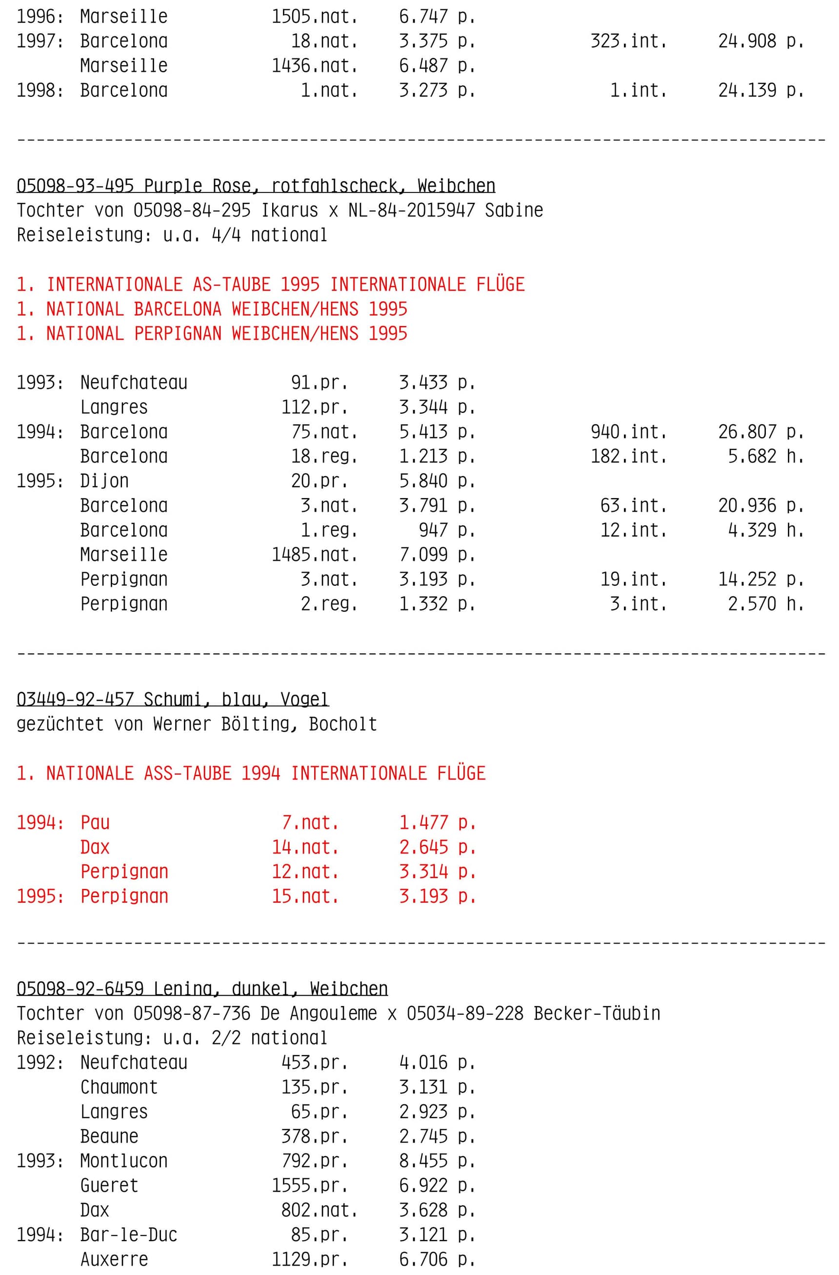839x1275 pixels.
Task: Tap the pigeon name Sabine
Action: (514, 210)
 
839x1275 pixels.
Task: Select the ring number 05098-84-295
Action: (192, 210)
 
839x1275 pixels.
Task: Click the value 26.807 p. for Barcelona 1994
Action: (761, 432)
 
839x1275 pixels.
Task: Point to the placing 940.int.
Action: (628, 432)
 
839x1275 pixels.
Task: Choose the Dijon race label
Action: (104, 481)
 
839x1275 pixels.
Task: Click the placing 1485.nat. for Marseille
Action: (314, 555)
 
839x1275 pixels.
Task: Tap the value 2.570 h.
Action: (765, 604)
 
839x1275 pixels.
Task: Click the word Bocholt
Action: (343, 724)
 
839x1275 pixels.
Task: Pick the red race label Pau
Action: (95, 822)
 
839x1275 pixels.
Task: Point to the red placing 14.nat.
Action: (305, 847)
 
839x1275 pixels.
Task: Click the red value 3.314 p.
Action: (437, 871)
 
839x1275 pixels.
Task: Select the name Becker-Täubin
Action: (597, 1013)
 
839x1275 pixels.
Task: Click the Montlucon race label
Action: (124, 1161)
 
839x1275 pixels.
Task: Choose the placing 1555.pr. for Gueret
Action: (309, 1185)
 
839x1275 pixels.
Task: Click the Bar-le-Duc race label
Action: (129, 1235)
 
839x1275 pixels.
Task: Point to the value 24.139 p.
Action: (761, 91)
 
